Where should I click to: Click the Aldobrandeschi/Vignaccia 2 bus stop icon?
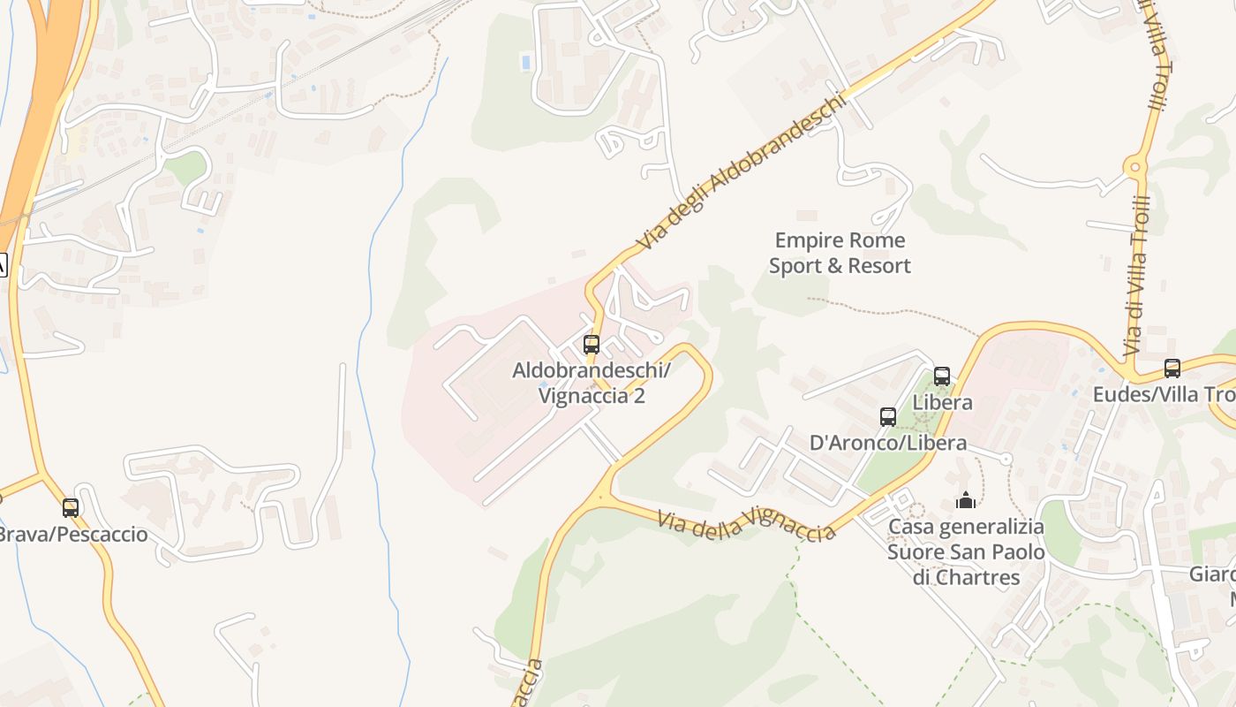[x=592, y=345]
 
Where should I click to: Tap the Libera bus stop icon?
[x=942, y=376]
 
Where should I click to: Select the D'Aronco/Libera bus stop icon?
[x=888, y=417]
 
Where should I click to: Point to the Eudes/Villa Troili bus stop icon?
[x=1172, y=369]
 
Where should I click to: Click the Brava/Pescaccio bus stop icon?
[x=71, y=508]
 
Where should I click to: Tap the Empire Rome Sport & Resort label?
[x=839, y=253]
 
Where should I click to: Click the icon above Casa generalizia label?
[x=966, y=501]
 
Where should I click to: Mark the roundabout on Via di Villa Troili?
[x=1135, y=165]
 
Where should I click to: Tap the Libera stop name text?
[x=942, y=402]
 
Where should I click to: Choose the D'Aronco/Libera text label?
[x=888, y=443]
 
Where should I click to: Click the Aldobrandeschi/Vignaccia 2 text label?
[x=592, y=383]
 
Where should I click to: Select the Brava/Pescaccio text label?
[x=72, y=535]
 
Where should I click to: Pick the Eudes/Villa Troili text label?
[x=1164, y=394]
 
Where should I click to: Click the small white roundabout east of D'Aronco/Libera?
[x=1005, y=458]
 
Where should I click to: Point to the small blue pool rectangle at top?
[x=527, y=63]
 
